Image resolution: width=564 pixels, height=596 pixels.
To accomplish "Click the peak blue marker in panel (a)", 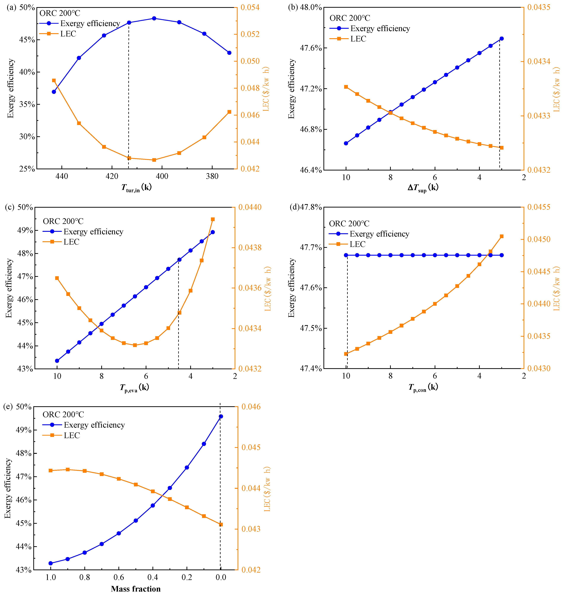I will coord(154,18).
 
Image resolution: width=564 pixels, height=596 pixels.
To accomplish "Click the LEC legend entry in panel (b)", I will coord(358,39).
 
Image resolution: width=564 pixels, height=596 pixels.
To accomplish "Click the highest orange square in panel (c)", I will coord(213,219).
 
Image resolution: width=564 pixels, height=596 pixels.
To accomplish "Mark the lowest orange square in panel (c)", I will coord(135,345).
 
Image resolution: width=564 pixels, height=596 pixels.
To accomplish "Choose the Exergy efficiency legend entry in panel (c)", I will coord(93,232).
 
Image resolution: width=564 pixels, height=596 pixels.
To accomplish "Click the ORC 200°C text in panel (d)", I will coord(349,223).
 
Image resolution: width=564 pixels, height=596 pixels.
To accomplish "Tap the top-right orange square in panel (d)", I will coord(502,237).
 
